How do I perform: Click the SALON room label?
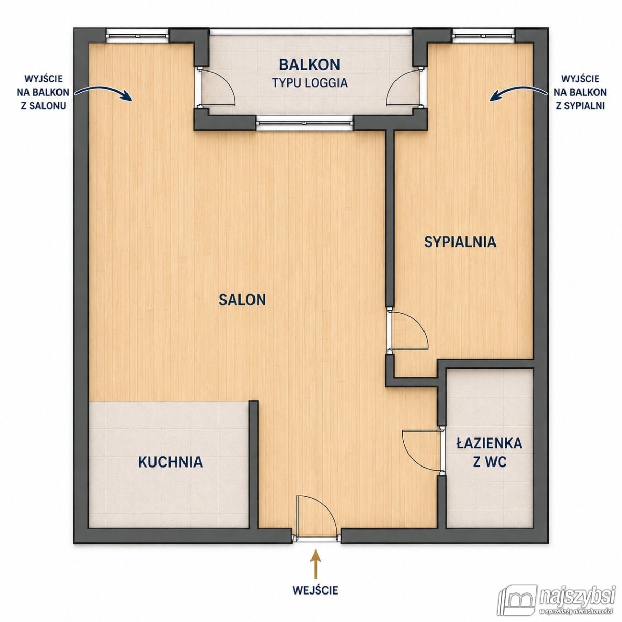[242, 300]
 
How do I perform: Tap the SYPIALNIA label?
[460, 242]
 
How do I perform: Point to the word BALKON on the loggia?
[309, 65]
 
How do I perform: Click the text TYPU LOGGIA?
[310, 83]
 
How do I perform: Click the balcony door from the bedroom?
[405, 87]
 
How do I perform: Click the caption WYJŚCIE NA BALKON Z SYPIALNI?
[580, 92]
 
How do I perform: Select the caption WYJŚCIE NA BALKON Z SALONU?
[43, 92]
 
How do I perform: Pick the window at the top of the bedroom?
[483, 35]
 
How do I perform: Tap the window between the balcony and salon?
[305, 123]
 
